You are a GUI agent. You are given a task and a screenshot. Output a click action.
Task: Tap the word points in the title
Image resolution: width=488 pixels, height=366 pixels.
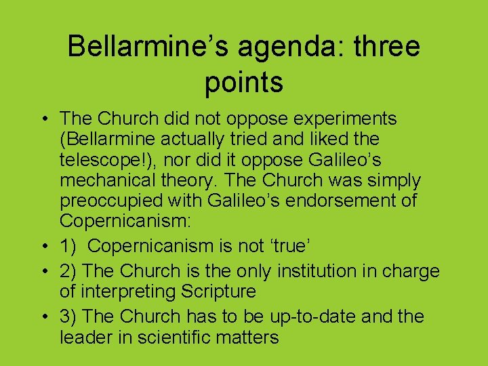pyautogui.click(x=243, y=82)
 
